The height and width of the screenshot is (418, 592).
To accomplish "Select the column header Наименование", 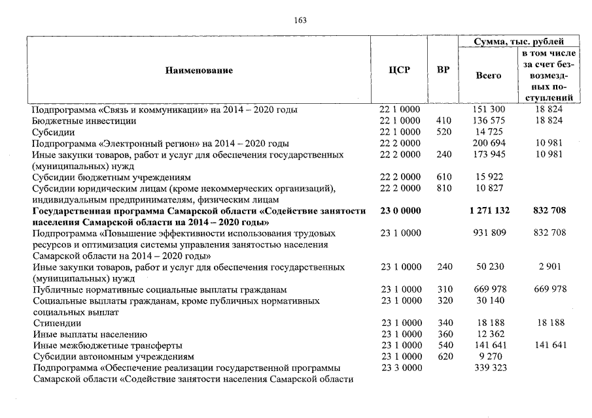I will [x=199, y=70].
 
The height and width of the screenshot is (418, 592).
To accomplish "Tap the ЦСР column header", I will [x=399, y=70].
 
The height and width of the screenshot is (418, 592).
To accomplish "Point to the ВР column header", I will [x=443, y=70].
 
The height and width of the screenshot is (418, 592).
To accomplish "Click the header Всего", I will [x=488, y=75].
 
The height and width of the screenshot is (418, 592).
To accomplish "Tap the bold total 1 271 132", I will [x=487, y=211].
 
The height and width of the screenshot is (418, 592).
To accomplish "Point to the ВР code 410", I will [x=443, y=121].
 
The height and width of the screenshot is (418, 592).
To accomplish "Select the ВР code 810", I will [x=443, y=188].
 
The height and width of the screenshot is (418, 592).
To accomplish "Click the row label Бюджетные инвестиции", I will [x=84, y=121].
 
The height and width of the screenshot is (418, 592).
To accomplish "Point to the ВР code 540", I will [x=443, y=346].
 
